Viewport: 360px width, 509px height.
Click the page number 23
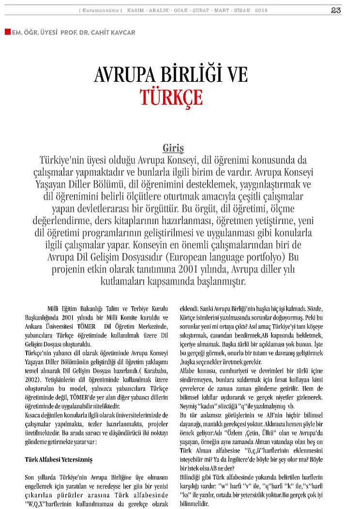336,10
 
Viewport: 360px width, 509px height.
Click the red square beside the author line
7,32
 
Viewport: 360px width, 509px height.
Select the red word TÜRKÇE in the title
172,96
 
